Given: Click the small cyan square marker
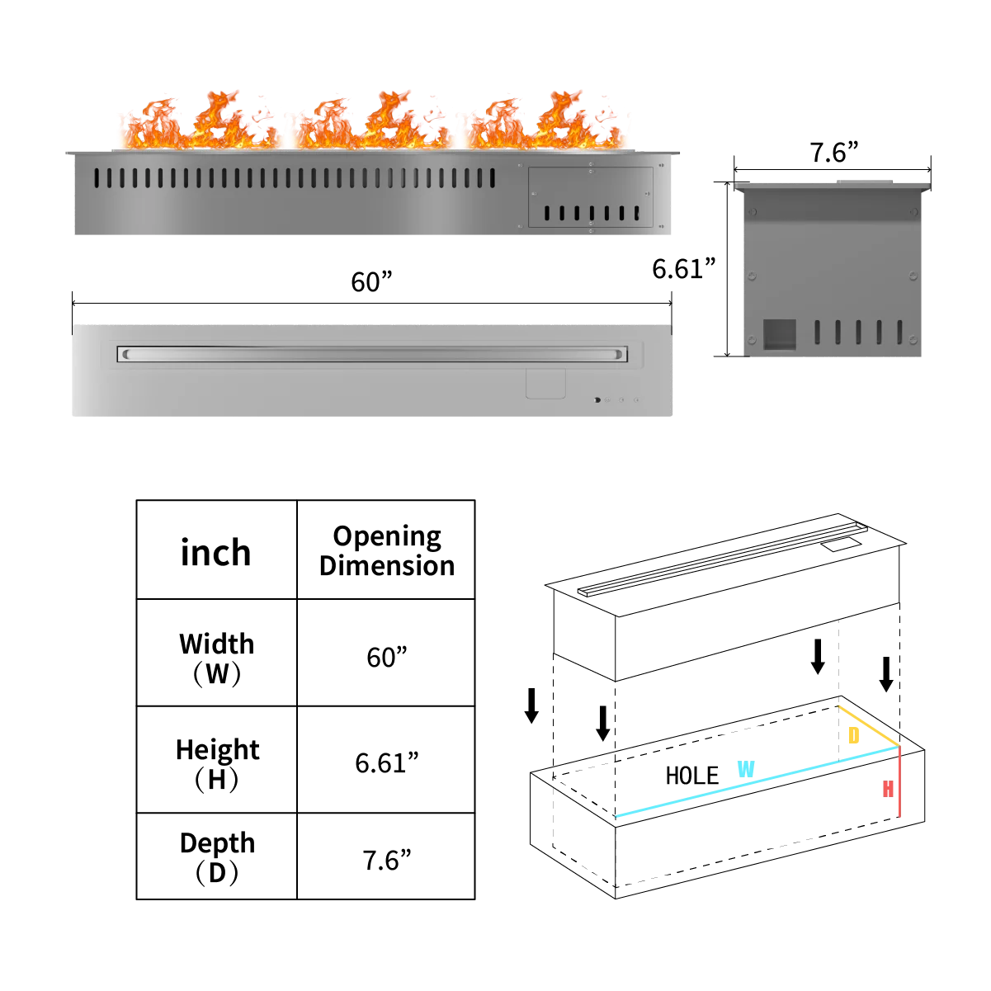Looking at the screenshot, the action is pyautogui.click(x=746, y=769).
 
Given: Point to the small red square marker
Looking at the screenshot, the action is pyautogui.click(x=889, y=788).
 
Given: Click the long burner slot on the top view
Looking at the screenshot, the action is pyautogui.click(x=371, y=354).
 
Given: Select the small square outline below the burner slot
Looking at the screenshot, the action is pyautogui.click(x=545, y=385).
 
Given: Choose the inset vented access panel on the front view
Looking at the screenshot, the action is pyautogui.click(x=591, y=197).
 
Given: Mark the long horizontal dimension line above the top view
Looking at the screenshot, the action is pyautogui.click(x=369, y=303).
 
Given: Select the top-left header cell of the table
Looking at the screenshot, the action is pyautogui.click(x=215, y=548).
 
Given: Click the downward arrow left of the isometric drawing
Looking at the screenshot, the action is pyautogui.click(x=534, y=710).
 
